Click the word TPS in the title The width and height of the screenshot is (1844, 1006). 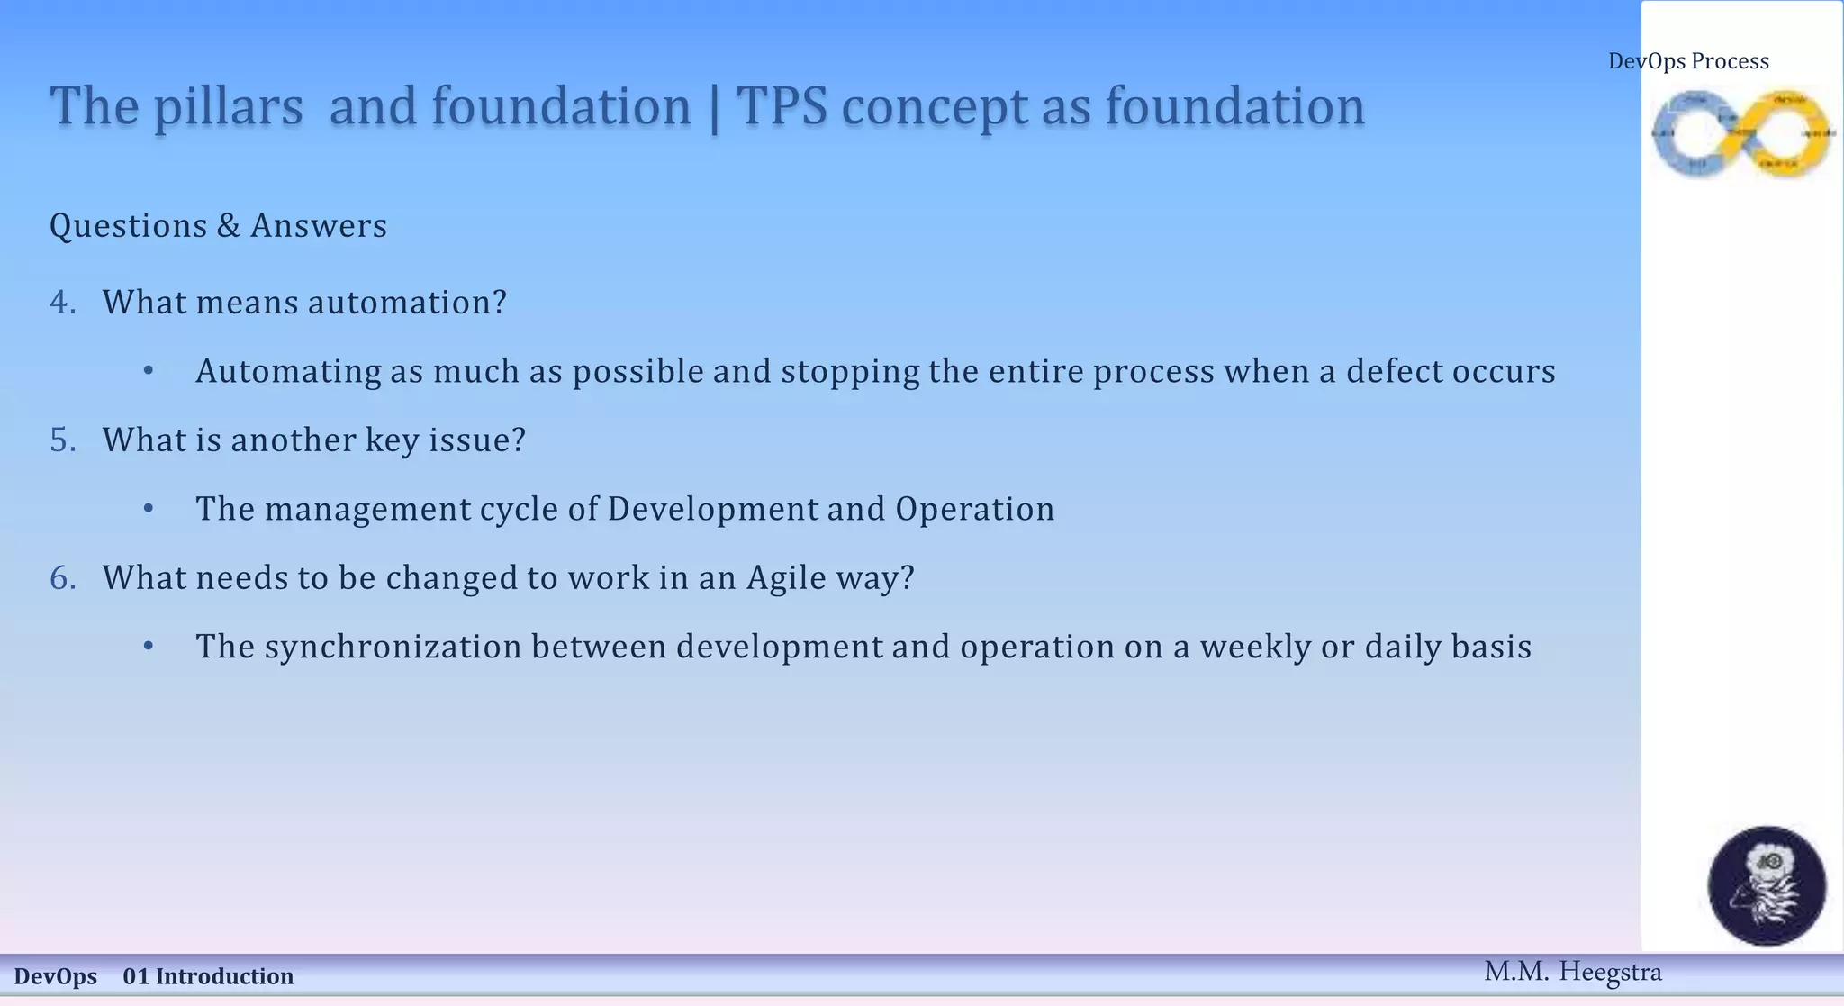click(x=782, y=107)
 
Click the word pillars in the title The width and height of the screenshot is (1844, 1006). click(x=228, y=107)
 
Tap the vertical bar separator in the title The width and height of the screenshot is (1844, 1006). click(x=714, y=109)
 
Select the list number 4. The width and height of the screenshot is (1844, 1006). click(x=62, y=303)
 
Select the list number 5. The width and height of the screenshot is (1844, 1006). click(x=62, y=440)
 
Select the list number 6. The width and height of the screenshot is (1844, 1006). click(x=62, y=578)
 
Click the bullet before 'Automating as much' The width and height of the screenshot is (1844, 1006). click(x=149, y=371)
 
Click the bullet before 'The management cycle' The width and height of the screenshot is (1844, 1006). click(x=149, y=509)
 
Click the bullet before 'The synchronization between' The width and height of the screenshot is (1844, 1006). click(x=149, y=647)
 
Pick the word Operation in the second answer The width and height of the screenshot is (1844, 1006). click(x=974, y=509)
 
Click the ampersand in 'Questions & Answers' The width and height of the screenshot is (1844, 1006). click(x=228, y=226)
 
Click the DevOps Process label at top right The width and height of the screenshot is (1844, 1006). click(x=1688, y=61)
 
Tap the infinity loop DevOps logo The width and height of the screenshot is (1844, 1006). click(x=1742, y=133)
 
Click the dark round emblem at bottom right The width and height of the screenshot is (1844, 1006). click(x=1767, y=885)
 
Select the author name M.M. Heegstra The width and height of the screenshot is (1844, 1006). click(x=1572, y=972)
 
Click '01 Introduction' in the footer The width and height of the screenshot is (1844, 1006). click(x=208, y=976)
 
